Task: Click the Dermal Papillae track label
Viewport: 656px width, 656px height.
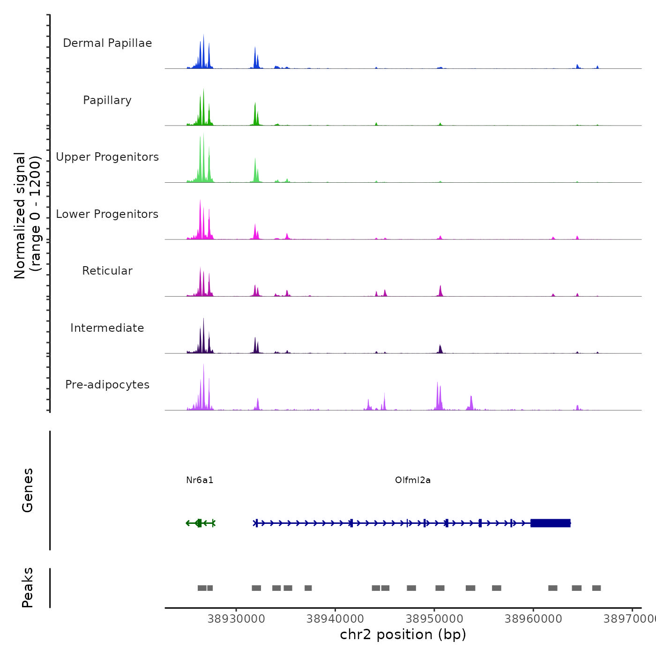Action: pos(107,43)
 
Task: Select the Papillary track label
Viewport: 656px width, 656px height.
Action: pos(107,100)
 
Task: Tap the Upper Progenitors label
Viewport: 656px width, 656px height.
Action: pos(107,157)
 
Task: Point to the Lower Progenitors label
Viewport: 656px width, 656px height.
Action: pos(107,214)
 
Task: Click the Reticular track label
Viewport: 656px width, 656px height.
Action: pos(107,271)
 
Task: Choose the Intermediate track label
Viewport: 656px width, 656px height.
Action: pos(107,328)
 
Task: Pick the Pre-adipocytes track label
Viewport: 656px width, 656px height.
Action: pos(107,385)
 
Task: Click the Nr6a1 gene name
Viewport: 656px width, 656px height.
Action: pos(200,480)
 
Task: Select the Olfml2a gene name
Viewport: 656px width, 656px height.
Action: pos(413,480)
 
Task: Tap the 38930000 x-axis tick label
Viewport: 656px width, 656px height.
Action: pos(236,619)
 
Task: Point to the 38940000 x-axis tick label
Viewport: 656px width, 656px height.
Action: pos(335,619)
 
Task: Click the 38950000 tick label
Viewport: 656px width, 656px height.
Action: pos(434,619)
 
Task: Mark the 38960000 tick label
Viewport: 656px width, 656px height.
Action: pos(533,619)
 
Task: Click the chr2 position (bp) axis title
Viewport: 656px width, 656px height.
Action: pos(403,634)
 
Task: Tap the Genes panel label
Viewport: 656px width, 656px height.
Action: pos(28,490)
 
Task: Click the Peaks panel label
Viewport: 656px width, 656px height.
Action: pos(28,588)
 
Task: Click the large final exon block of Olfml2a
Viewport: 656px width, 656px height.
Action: pos(550,523)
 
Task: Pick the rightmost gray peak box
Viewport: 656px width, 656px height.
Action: pos(596,588)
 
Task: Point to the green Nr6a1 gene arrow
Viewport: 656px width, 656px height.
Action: pos(200,523)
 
